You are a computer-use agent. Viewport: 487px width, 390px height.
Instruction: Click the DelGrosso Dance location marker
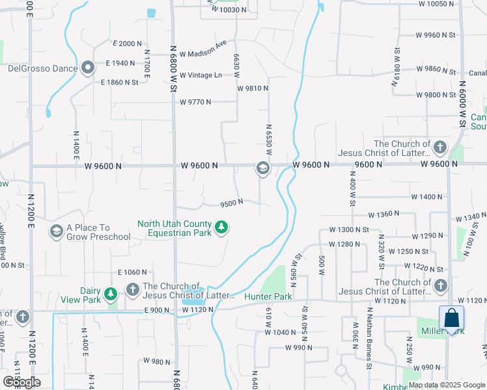click(x=89, y=68)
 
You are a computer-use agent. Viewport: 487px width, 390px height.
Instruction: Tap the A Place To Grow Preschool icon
click(x=56, y=231)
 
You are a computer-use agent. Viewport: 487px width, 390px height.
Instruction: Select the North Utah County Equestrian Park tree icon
click(x=223, y=227)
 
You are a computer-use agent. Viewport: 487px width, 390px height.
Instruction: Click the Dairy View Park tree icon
click(x=111, y=294)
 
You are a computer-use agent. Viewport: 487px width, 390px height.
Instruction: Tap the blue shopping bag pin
click(x=451, y=320)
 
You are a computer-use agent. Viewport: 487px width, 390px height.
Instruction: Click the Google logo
click(x=21, y=382)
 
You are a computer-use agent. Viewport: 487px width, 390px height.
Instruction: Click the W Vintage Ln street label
click(x=201, y=75)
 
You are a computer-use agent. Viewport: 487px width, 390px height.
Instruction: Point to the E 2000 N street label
click(x=127, y=44)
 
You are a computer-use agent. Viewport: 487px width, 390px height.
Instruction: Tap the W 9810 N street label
click(x=253, y=88)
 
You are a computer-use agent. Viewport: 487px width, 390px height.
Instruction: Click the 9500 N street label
click(x=231, y=203)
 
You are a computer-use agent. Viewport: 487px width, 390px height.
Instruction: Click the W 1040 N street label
click(x=281, y=332)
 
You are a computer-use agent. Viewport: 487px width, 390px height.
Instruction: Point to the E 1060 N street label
click(x=132, y=272)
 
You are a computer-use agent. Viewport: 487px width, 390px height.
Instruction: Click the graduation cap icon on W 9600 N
click(x=262, y=169)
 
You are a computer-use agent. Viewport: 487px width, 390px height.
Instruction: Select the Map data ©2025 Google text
click(x=447, y=385)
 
